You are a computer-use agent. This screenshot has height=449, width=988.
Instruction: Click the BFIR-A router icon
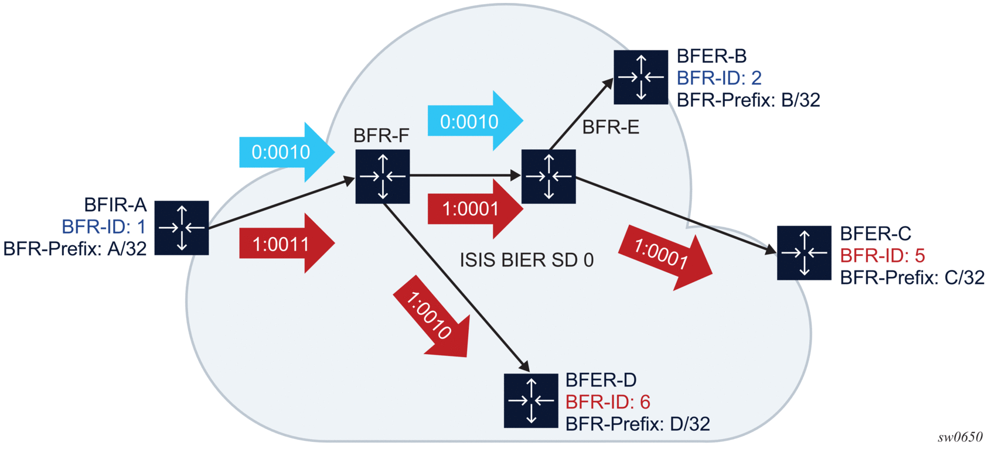pyautogui.click(x=182, y=228)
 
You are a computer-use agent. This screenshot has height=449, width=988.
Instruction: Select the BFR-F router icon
pyautogui.click(x=382, y=176)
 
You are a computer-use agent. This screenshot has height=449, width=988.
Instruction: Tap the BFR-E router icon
pyautogui.click(x=548, y=176)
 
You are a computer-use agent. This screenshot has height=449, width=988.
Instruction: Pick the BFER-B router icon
pyautogui.click(x=641, y=77)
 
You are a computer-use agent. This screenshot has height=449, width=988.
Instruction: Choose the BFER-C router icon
pyautogui.click(x=804, y=253)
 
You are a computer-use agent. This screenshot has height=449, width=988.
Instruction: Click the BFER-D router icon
pyautogui.click(x=531, y=400)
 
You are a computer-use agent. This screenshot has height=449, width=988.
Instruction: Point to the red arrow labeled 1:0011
pyautogui.click(x=285, y=244)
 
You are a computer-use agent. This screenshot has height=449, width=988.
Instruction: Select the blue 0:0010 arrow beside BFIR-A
pyautogui.click(x=285, y=152)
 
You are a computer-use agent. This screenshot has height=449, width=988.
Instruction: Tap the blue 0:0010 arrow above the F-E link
pyautogui.click(x=473, y=121)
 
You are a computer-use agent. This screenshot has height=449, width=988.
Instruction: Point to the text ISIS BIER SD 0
pyautogui.click(x=526, y=260)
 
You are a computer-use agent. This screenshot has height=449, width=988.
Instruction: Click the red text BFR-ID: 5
pyautogui.click(x=882, y=255)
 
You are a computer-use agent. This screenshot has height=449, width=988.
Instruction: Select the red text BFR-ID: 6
pyautogui.click(x=608, y=402)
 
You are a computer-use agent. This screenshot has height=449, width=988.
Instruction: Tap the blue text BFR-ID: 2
pyautogui.click(x=719, y=78)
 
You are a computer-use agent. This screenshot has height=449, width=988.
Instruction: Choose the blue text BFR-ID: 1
pyautogui.click(x=104, y=227)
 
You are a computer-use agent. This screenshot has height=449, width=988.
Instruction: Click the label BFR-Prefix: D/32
pyautogui.click(x=638, y=423)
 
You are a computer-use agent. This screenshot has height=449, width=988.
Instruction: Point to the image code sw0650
pyautogui.click(x=960, y=437)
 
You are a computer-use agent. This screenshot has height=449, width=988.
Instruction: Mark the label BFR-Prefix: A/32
pyautogui.click(x=75, y=249)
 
